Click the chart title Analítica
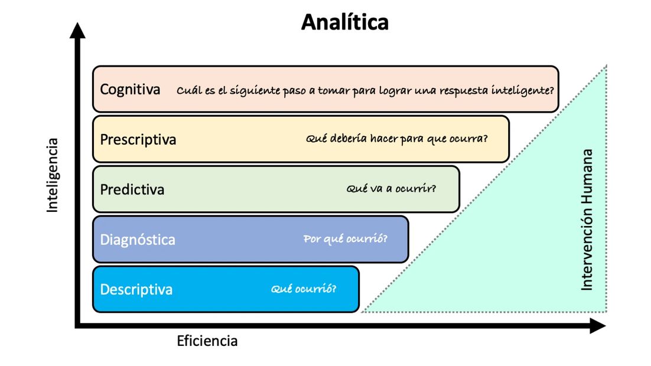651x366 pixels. click(x=345, y=22)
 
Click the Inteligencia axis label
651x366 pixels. click(x=53, y=175)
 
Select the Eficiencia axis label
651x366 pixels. click(x=207, y=341)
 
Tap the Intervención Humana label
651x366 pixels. click(x=587, y=220)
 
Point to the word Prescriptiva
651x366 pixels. click(x=138, y=140)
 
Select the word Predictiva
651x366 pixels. click(x=132, y=190)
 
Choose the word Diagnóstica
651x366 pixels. click(x=138, y=240)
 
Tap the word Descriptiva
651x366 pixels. click(x=136, y=290)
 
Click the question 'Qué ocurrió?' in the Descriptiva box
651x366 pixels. click(x=304, y=289)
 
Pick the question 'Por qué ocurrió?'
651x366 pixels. click(x=346, y=239)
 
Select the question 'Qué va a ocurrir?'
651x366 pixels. click(x=392, y=189)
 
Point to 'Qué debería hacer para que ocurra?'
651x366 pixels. click(x=397, y=139)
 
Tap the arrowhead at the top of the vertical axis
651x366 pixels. click(x=77, y=30)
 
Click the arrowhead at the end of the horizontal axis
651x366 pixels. click(x=598, y=326)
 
